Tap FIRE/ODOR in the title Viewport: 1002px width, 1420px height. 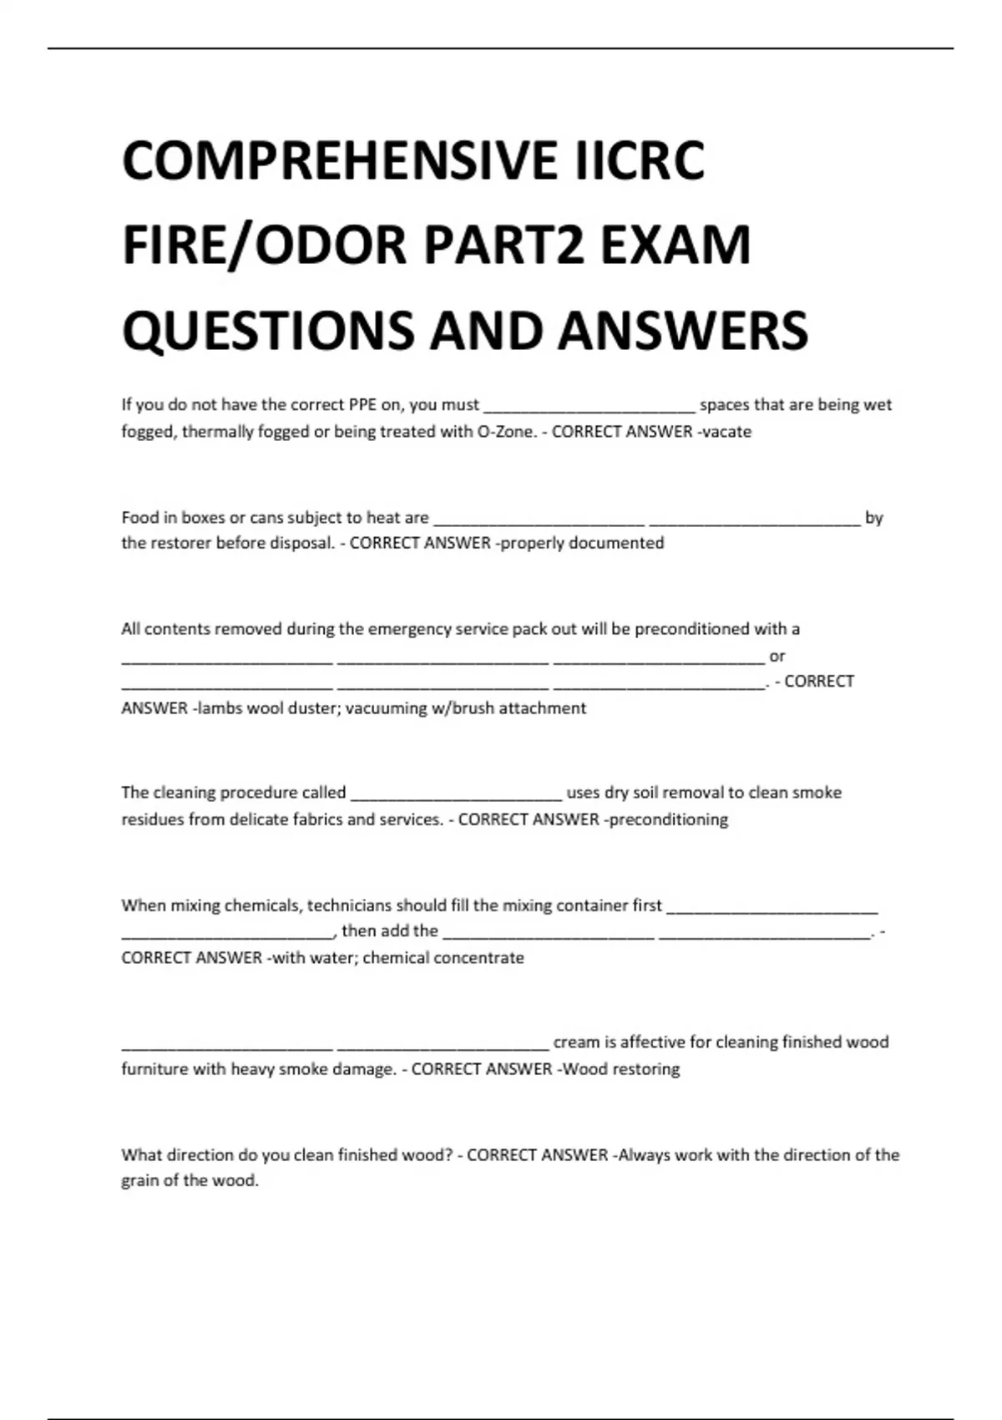(x=266, y=246)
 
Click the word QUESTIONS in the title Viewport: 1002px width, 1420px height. (x=267, y=330)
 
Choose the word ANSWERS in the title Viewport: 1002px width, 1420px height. (x=683, y=330)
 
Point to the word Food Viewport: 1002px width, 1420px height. (x=139, y=518)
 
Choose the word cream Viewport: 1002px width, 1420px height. (x=575, y=1042)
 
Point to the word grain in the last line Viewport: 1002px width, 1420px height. (x=140, y=1181)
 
